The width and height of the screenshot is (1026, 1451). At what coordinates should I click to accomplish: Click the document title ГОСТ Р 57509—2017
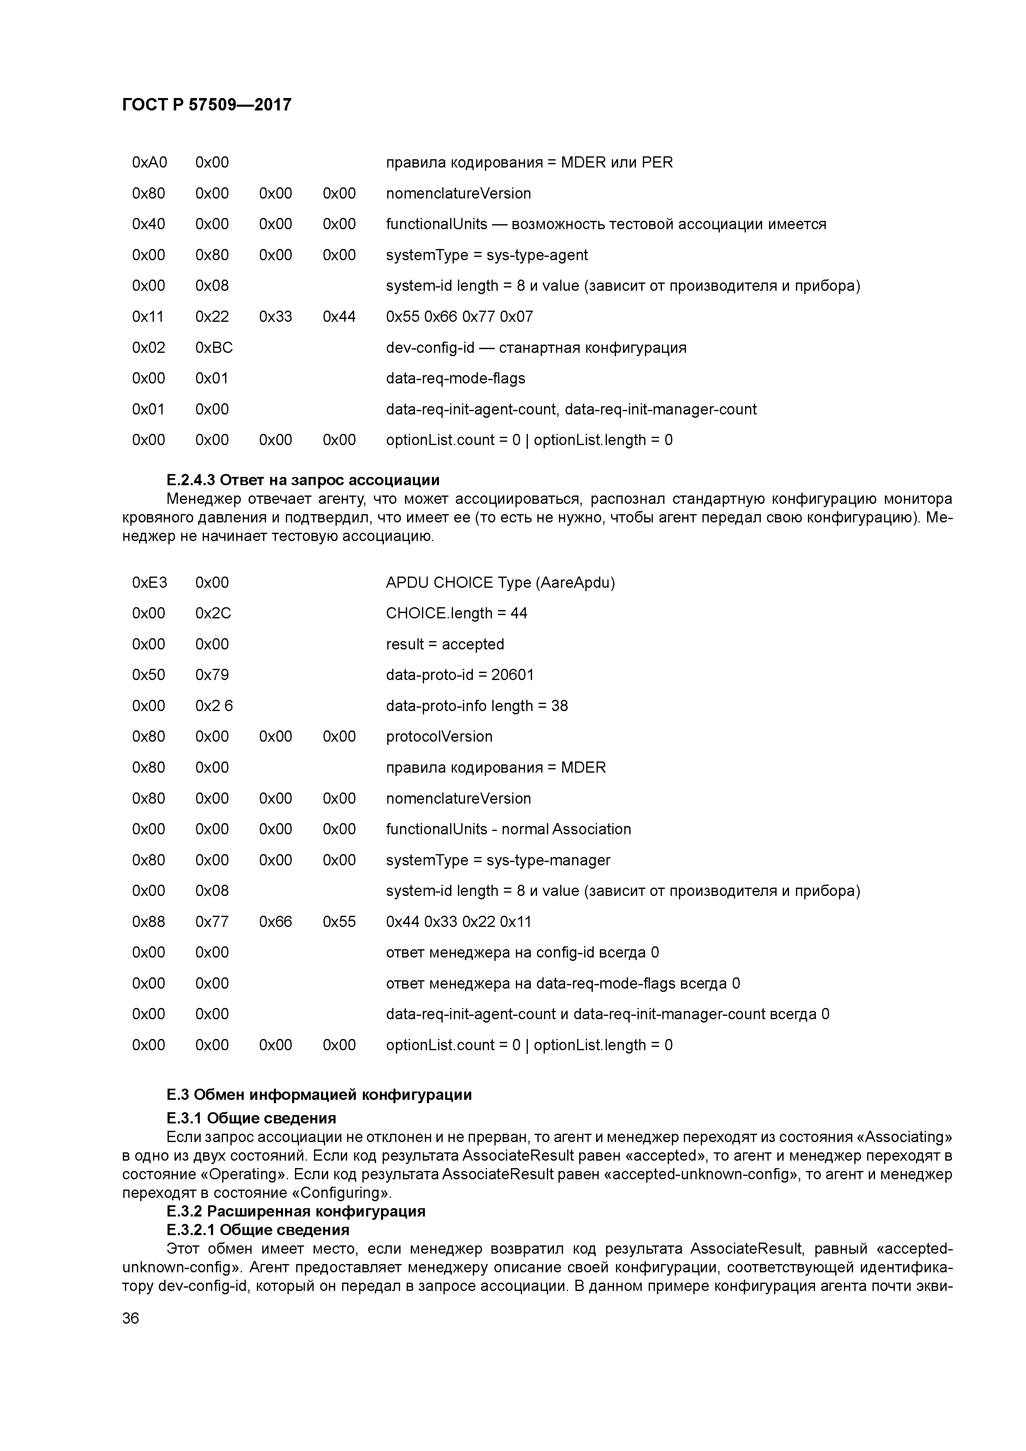tap(207, 104)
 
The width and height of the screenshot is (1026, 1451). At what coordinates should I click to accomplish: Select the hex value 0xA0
tap(149, 163)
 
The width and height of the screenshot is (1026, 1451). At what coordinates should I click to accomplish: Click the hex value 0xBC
tap(213, 347)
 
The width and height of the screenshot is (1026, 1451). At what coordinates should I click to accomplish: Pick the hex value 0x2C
tap(213, 613)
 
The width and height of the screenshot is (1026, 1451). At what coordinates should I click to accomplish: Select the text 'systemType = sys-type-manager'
tap(498, 860)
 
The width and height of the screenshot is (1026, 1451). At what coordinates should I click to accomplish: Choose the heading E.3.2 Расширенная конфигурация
tap(295, 1211)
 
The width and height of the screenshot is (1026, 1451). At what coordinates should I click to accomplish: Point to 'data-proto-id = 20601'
tap(460, 675)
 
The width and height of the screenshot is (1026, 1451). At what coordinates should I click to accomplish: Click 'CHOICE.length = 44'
tap(456, 613)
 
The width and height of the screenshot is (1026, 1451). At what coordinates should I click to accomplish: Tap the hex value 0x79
tap(212, 675)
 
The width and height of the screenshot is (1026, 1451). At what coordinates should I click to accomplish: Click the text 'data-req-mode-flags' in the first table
tap(455, 378)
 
